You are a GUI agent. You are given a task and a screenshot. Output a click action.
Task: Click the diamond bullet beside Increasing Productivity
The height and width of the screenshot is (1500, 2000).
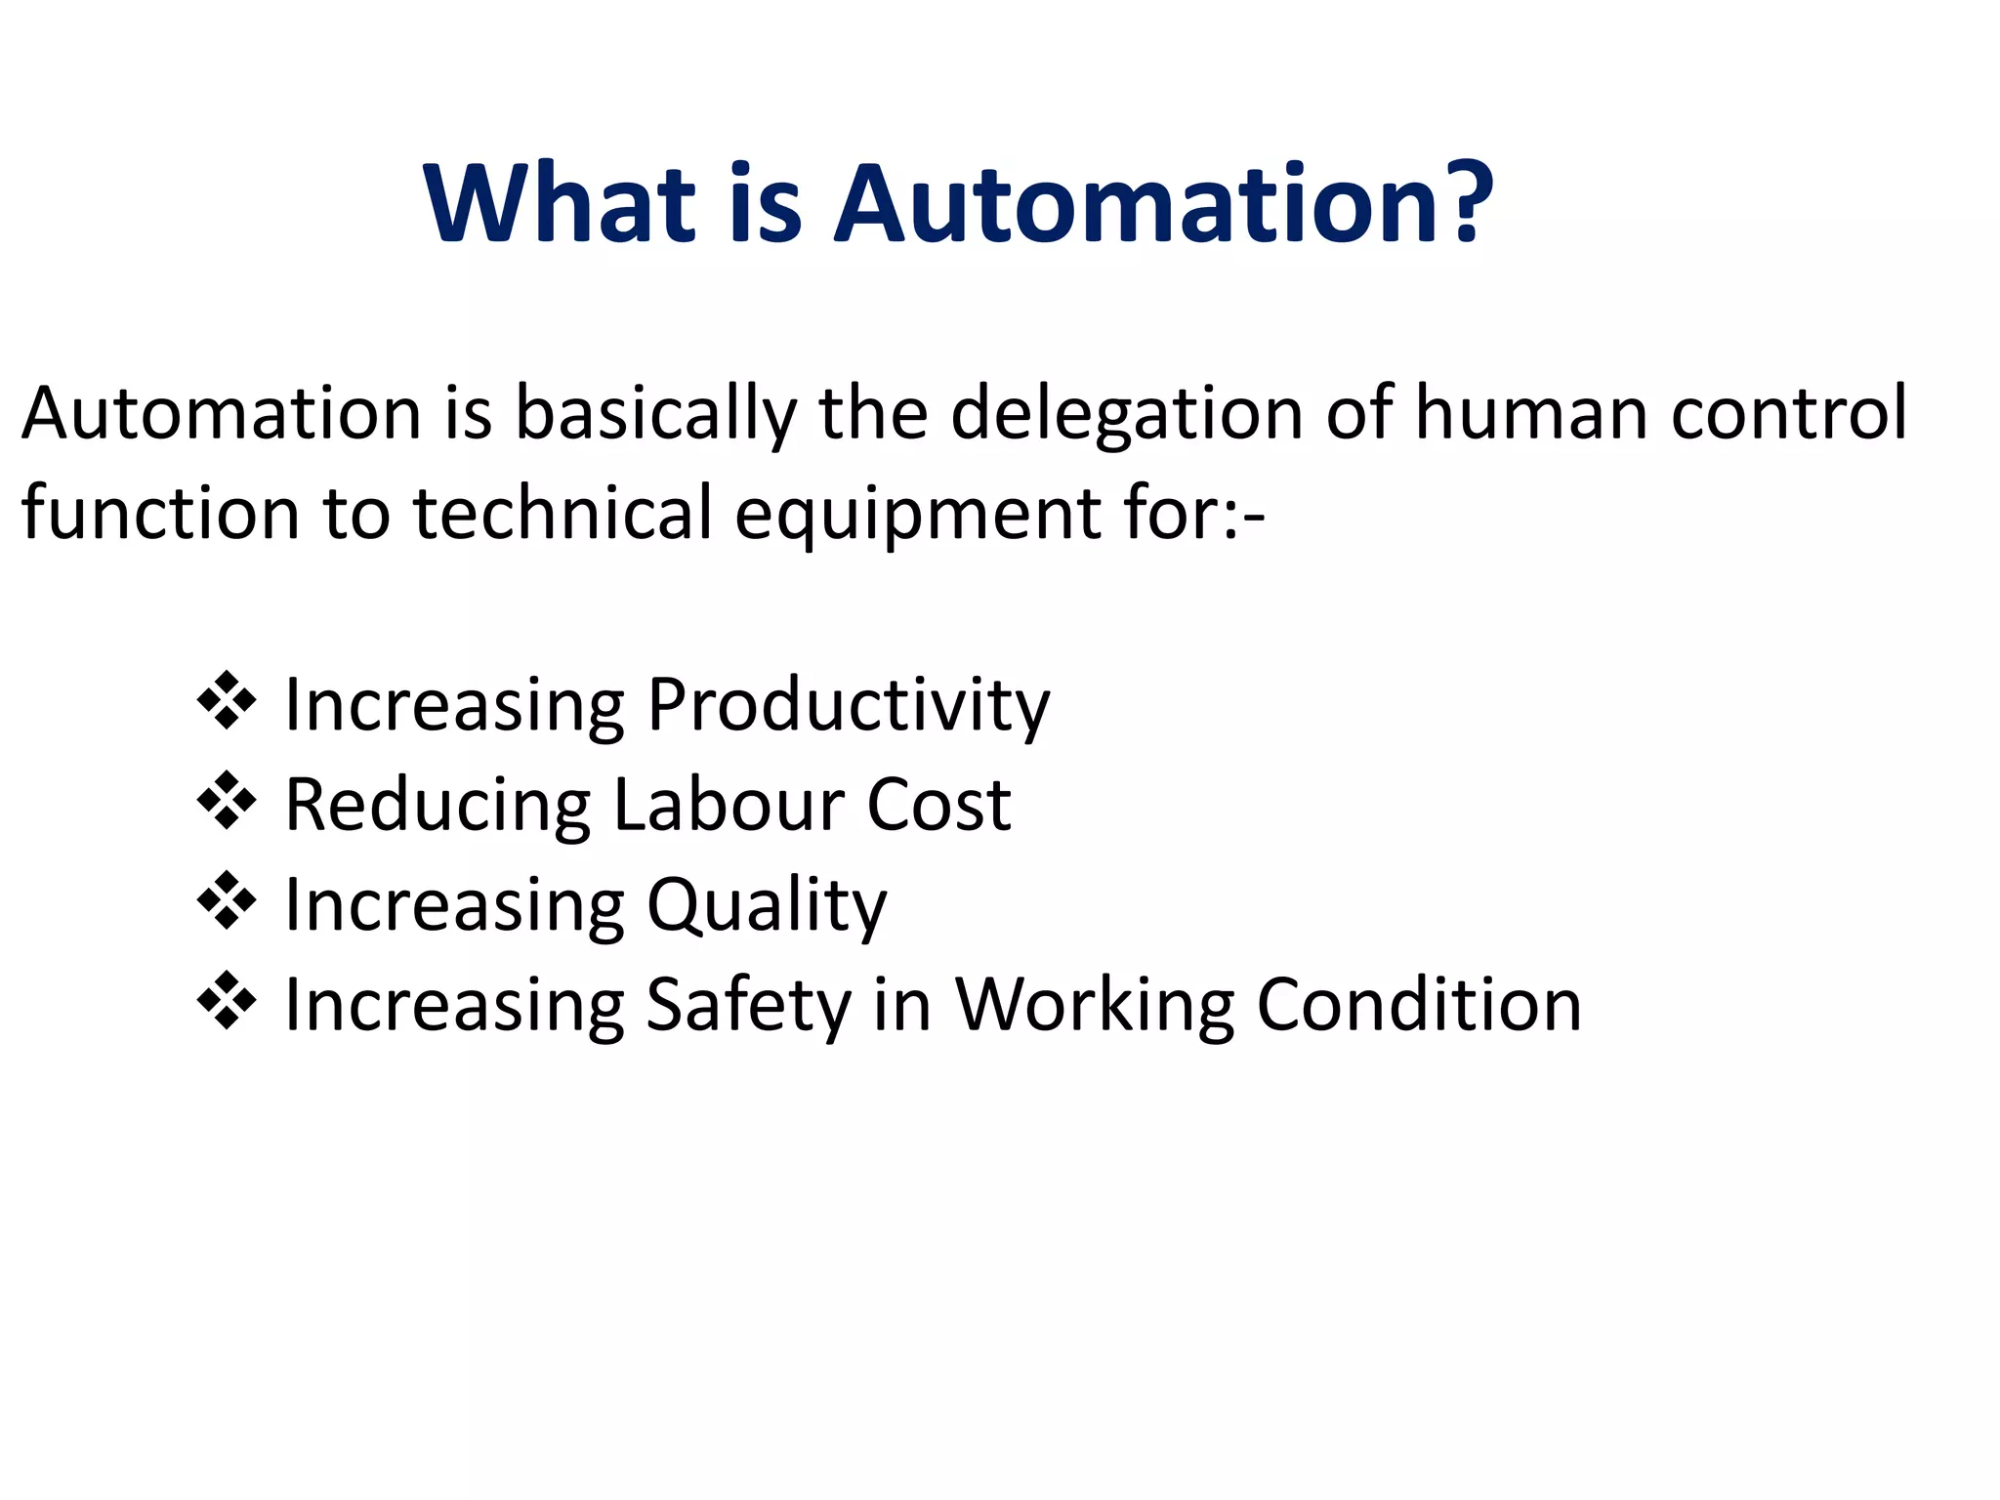[x=227, y=700]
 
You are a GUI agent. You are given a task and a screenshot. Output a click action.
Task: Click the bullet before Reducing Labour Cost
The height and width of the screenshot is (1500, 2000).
[x=227, y=801]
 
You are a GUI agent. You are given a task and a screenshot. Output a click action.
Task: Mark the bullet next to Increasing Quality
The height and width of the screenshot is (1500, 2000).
[x=227, y=900]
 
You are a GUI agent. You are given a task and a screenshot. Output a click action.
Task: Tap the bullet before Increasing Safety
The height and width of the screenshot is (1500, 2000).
[x=227, y=1001]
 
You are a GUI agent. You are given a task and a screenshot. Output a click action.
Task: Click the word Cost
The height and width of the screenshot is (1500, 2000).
[x=938, y=805]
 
